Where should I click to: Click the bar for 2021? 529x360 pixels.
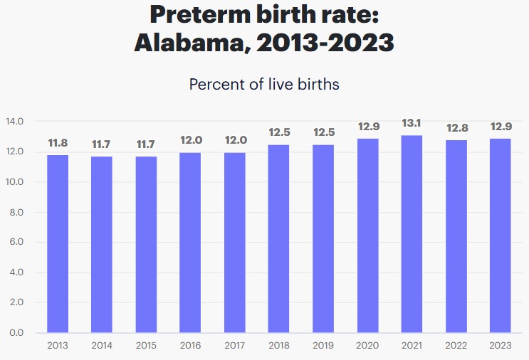click(411, 234)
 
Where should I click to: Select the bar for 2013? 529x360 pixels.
click(58, 244)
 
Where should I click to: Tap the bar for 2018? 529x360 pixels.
click(278, 238)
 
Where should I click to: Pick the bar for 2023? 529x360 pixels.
click(499, 235)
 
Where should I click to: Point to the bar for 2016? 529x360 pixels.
click(190, 243)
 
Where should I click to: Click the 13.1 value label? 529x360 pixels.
click(411, 124)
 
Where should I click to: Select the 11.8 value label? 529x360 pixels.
click(58, 143)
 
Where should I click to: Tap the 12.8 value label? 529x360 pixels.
click(455, 128)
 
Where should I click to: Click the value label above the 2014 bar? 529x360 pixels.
click(102, 144)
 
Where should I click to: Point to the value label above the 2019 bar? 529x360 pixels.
click(323, 132)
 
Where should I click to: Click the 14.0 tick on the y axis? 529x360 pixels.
click(16, 122)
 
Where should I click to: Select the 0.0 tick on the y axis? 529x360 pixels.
click(16, 332)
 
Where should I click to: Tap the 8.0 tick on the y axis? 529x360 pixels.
click(16, 212)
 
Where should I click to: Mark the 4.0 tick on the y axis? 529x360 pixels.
click(16, 272)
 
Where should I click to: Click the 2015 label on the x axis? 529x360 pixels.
click(146, 346)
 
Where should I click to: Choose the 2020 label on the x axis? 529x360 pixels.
click(367, 346)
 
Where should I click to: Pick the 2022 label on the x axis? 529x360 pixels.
click(455, 346)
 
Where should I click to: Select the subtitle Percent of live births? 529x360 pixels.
click(264, 84)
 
